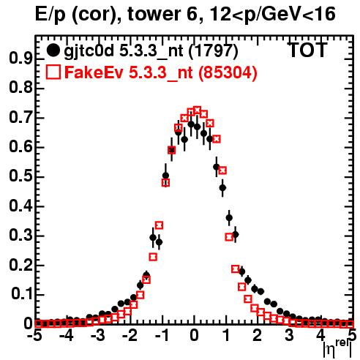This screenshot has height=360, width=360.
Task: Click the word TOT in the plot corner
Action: pyautogui.click(x=308, y=50)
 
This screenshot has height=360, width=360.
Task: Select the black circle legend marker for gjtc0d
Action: pyautogui.click(x=53, y=50)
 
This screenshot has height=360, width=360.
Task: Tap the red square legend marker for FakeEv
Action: pyautogui.click(x=53, y=72)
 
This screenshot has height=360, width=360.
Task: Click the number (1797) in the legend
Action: pyautogui.click(x=213, y=51)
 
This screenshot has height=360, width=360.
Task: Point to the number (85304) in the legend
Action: pyautogui.click(x=228, y=73)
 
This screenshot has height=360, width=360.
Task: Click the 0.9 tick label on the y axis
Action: pyautogui.click(x=20, y=59)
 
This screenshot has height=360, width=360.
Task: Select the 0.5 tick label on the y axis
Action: pyautogui.click(x=20, y=177)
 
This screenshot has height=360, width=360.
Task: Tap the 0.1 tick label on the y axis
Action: pyautogui.click(x=22, y=294)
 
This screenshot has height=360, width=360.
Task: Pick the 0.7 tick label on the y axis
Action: pyautogui.click(x=20, y=118)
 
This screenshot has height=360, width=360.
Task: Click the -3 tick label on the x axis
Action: pyautogui.click(x=98, y=335)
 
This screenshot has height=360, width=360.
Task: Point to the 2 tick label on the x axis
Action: pyautogui.click(x=257, y=335)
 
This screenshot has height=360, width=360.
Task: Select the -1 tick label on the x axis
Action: pyautogui.click(x=162, y=335)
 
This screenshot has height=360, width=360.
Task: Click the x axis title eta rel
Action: pyautogui.click(x=337, y=349)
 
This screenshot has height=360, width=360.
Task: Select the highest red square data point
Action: pyautogui.click(x=197, y=110)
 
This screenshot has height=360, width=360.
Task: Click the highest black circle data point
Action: pyautogui.click(x=191, y=124)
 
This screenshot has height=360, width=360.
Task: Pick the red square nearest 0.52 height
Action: pyautogui.click(x=222, y=170)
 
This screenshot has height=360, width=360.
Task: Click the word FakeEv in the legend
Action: pyautogui.click(x=94, y=72)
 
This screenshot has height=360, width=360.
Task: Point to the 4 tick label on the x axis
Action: pyautogui.click(x=320, y=335)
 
